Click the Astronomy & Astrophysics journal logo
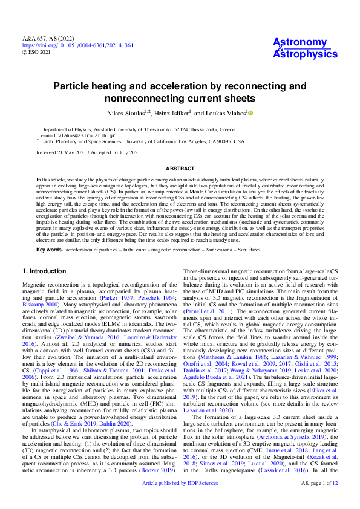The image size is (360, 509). click(x=301, y=48)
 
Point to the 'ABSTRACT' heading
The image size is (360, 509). click(x=180, y=169)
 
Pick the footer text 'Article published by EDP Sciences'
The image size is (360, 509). click(x=180, y=501)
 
